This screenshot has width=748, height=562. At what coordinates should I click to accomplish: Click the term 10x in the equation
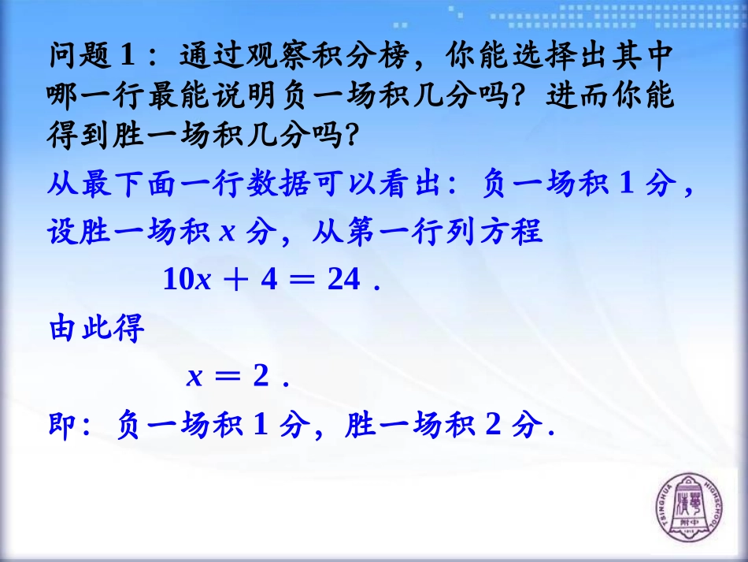click(187, 280)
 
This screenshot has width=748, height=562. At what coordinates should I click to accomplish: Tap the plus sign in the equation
click(237, 280)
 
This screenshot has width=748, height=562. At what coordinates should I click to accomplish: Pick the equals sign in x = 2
click(229, 378)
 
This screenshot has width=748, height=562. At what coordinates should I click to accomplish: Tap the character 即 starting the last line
click(61, 426)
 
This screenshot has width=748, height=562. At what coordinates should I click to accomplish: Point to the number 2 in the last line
click(494, 426)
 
